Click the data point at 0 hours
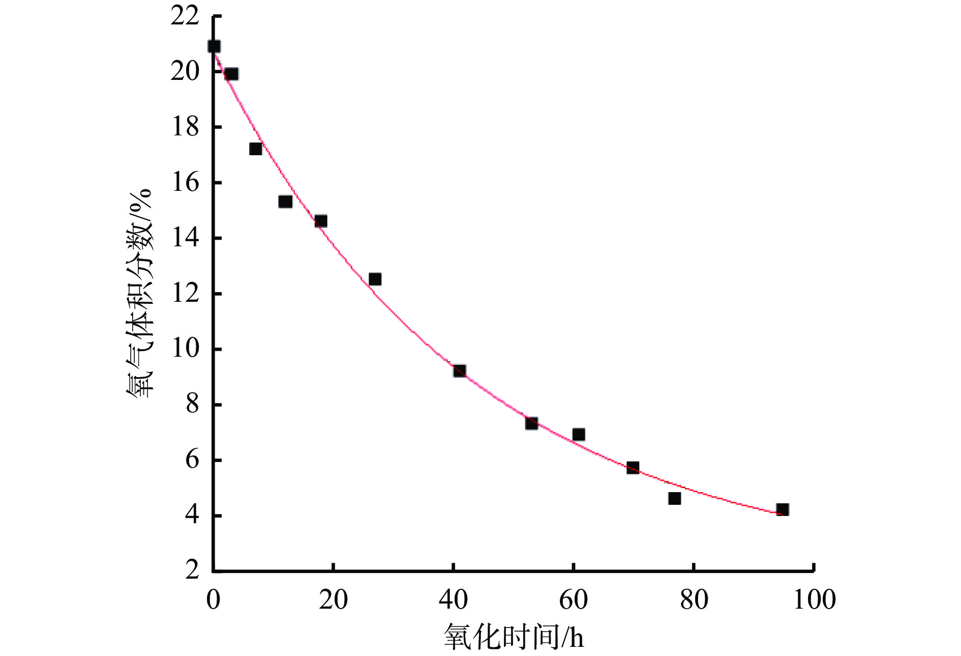[x=214, y=46]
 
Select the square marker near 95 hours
[x=783, y=509]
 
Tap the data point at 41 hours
[x=460, y=370]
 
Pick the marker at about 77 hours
[x=675, y=498]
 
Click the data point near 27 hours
[x=375, y=279]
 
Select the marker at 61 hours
[x=579, y=434]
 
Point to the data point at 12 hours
[x=285, y=202]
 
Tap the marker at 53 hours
[x=531, y=423]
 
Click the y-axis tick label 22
[x=185, y=16]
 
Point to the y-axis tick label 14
[x=185, y=238]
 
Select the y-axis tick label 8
[x=192, y=405]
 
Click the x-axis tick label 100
[x=814, y=600]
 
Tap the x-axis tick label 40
[x=453, y=600]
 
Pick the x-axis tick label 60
[x=573, y=600]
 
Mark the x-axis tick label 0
[x=214, y=600]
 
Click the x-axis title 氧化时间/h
[x=514, y=636]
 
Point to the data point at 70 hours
[x=633, y=468]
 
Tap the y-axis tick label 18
[x=185, y=127]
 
